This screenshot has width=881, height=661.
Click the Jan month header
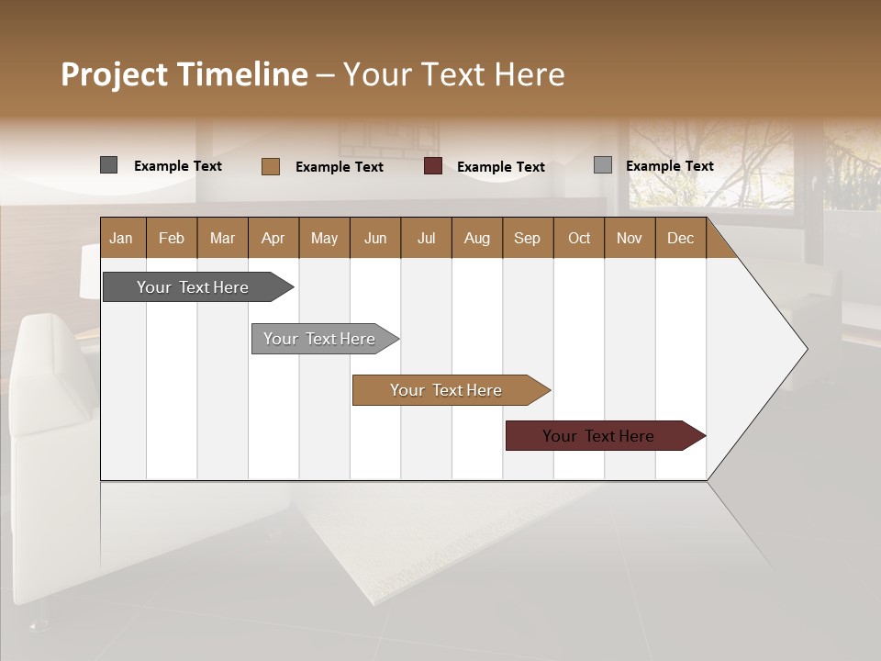point(121,238)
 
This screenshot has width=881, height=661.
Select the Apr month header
point(273,238)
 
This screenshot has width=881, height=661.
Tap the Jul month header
point(426,238)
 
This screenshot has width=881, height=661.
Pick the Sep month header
point(527,238)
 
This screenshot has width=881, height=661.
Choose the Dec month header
point(680,238)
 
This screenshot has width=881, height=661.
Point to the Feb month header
point(172,238)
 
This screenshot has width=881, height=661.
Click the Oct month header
point(578,238)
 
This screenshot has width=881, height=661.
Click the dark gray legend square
point(108,165)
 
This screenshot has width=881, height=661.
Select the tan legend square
point(270,166)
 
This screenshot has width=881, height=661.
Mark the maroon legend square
point(433,166)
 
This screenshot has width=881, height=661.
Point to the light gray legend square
point(602,165)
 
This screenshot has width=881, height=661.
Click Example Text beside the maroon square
point(500,167)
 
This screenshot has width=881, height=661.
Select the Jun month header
point(374,238)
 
